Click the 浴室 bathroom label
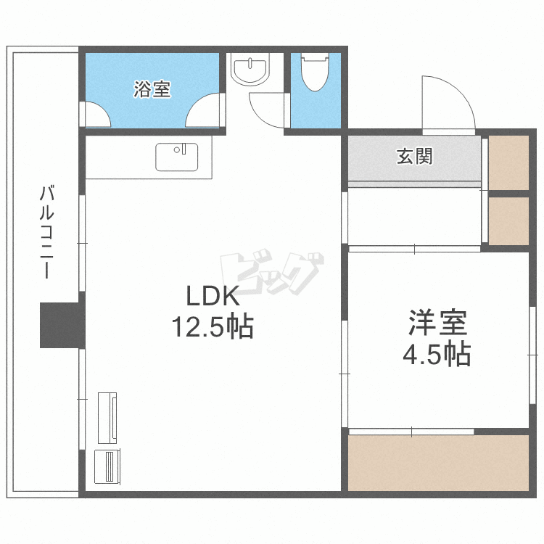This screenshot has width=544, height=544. tap(152, 90)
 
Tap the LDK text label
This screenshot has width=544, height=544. tap(212, 296)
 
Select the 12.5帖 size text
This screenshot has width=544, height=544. tap(212, 328)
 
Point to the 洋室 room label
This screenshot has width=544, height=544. tap(437, 323)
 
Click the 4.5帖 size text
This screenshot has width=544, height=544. tap(437, 355)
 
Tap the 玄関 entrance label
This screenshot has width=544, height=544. tap(414, 156)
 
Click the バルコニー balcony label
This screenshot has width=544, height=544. tap(48, 232)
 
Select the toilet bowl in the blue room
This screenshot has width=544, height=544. tap(315, 73)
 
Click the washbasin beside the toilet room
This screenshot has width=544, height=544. tap(250, 69)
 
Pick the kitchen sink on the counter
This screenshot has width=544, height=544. tap(177, 157)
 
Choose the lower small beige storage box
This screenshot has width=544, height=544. tap(508, 221)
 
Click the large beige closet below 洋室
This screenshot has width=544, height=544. tap(438, 463)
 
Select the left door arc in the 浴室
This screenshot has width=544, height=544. tap(95, 115)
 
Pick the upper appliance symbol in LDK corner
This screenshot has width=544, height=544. tap(107, 417)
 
